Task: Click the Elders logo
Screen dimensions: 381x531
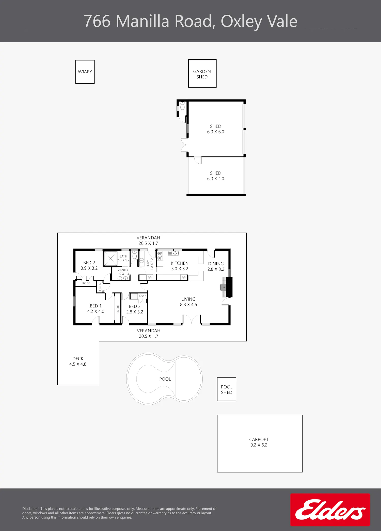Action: click(330, 510)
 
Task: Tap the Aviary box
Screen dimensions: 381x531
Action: click(85, 72)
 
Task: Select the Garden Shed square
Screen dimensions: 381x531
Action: click(202, 74)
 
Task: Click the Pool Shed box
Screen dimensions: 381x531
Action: click(227, 389)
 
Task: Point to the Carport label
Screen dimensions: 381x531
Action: click(259, 442)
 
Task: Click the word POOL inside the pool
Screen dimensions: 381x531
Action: click(165, 379)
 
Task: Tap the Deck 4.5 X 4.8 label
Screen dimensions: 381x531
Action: click(78, 361)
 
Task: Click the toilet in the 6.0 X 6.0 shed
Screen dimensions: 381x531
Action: click(182, 106)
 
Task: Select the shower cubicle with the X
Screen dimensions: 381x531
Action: click(110, 259)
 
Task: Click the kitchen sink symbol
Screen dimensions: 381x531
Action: click(173, 253)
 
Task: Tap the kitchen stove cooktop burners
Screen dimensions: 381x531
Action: click(160, 256)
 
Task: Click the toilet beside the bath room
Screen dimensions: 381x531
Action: click(135, 254)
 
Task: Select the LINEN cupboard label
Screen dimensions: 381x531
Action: click(100, 287)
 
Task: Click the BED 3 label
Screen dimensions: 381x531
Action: click(135, 306)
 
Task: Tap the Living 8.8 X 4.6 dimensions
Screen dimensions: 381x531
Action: click(188, 305)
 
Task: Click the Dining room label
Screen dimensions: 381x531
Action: click(216, 264)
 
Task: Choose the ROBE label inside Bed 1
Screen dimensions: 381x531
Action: click(118, 309)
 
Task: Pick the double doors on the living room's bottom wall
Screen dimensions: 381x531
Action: click(192, 319)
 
